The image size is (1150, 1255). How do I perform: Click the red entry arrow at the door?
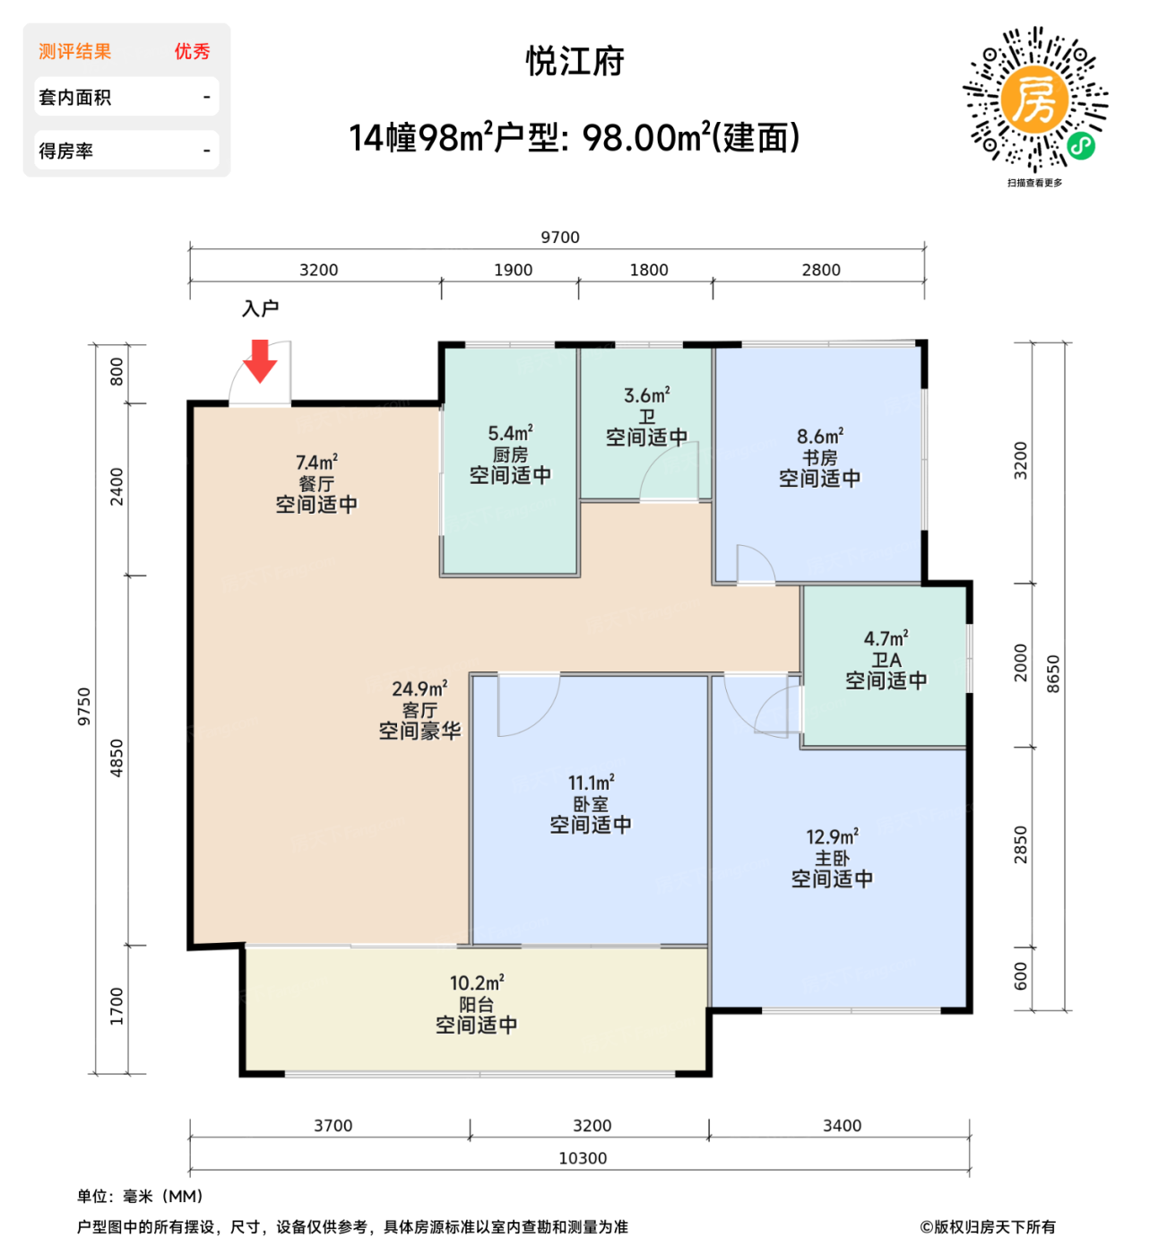click(x=260, y=360)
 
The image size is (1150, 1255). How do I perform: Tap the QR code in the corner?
click(x=1034, y=100)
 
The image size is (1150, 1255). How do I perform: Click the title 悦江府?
click(x=575, y=62)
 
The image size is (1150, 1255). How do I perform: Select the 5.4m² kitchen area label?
click(x=510, y=434)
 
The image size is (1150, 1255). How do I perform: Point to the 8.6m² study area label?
click(x=819, y=437)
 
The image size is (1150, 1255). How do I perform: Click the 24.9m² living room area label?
click(x=419, y=689)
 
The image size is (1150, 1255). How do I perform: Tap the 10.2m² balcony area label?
click(x=476, y=983)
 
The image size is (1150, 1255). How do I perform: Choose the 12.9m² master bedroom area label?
click(x=832, y=837)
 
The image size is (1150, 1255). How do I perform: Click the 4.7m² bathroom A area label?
click(x=886, y=639)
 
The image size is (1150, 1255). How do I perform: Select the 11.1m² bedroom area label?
click(x=591, y=783)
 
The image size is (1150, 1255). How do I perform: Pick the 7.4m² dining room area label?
click(x=316, y=463)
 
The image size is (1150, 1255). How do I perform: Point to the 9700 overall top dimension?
click(x=559, y=238)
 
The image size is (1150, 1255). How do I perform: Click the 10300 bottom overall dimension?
click(x=583, y=1158)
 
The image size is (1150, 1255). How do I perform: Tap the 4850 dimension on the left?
click(x=117, y=758)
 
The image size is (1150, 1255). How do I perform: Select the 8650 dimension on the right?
click(x=1053, y=674)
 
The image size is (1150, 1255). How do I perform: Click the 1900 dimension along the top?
click(x=513, y=270)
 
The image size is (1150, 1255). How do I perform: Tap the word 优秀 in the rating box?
click(x=192, y=52)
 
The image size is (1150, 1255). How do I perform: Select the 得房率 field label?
click(x=66, y=151)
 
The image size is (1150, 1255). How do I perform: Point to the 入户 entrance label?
click(x=260, y=309)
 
